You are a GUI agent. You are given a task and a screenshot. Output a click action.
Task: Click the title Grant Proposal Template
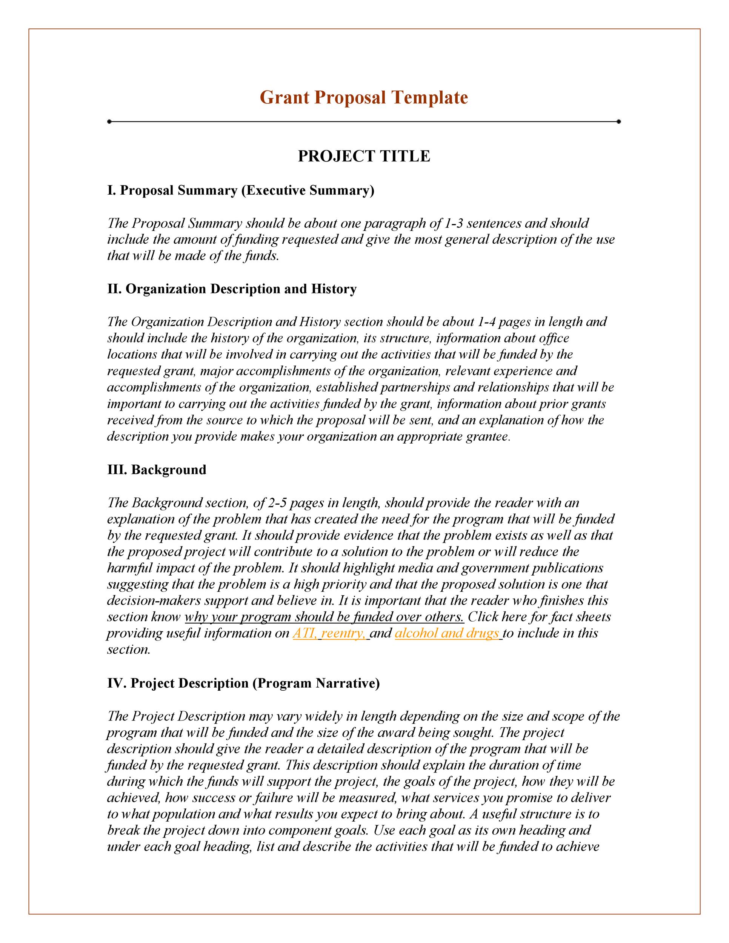point(364,98)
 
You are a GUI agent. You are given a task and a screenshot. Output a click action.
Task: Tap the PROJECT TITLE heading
point(364,156)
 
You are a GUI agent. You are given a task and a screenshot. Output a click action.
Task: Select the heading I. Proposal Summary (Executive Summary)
point(241,190)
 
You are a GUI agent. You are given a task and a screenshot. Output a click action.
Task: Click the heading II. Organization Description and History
point(232,289)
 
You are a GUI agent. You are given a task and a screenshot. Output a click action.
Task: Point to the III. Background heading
point(156,470)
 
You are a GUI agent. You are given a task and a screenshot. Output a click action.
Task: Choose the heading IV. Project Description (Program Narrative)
point(243,683)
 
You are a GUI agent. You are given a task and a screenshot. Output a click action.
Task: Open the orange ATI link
point(305,633)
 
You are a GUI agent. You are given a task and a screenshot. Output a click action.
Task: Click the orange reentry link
point(343,633)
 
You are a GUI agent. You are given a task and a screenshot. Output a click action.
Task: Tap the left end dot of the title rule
point(109,122)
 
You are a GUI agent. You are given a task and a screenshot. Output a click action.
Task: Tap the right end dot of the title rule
point(618,122)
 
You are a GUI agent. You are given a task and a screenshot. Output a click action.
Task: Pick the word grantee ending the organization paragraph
point(488,437)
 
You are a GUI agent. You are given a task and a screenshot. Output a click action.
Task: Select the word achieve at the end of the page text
point(577,847)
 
